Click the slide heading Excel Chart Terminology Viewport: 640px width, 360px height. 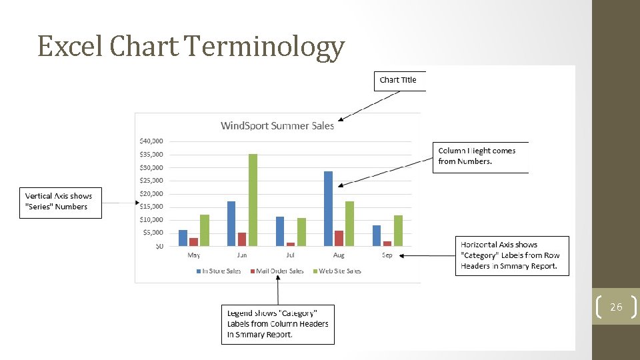(x=191, y=47)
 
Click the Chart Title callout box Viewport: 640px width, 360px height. (x=399, y=80)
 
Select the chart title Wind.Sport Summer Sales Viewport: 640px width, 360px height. (x=277, y=125)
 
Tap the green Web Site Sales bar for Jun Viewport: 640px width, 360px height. (x=253, y=200)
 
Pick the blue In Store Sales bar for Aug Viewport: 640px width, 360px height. (x=328, y=209)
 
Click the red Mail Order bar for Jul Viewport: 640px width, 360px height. (x=291, y=244)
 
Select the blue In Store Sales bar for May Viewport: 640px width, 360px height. (x=183, y=238)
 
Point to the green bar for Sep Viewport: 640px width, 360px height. (x=398, y=231)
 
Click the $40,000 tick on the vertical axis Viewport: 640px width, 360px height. (x=151, y=141)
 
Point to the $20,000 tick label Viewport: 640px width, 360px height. (x=151, y=193)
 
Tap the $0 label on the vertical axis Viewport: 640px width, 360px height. (x=159, y=246)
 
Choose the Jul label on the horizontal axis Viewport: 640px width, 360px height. (x=290, y=255)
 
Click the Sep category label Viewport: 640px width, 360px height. (x=387, y=255)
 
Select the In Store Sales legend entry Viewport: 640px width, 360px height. (x=219, y=271)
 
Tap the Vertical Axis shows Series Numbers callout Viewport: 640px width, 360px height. (x=59, y=202)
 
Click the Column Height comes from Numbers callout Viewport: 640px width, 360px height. (x=480, y=156)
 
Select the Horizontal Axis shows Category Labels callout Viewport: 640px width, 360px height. (x=511, y=255)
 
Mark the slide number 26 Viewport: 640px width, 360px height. (x=616, y=307)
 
